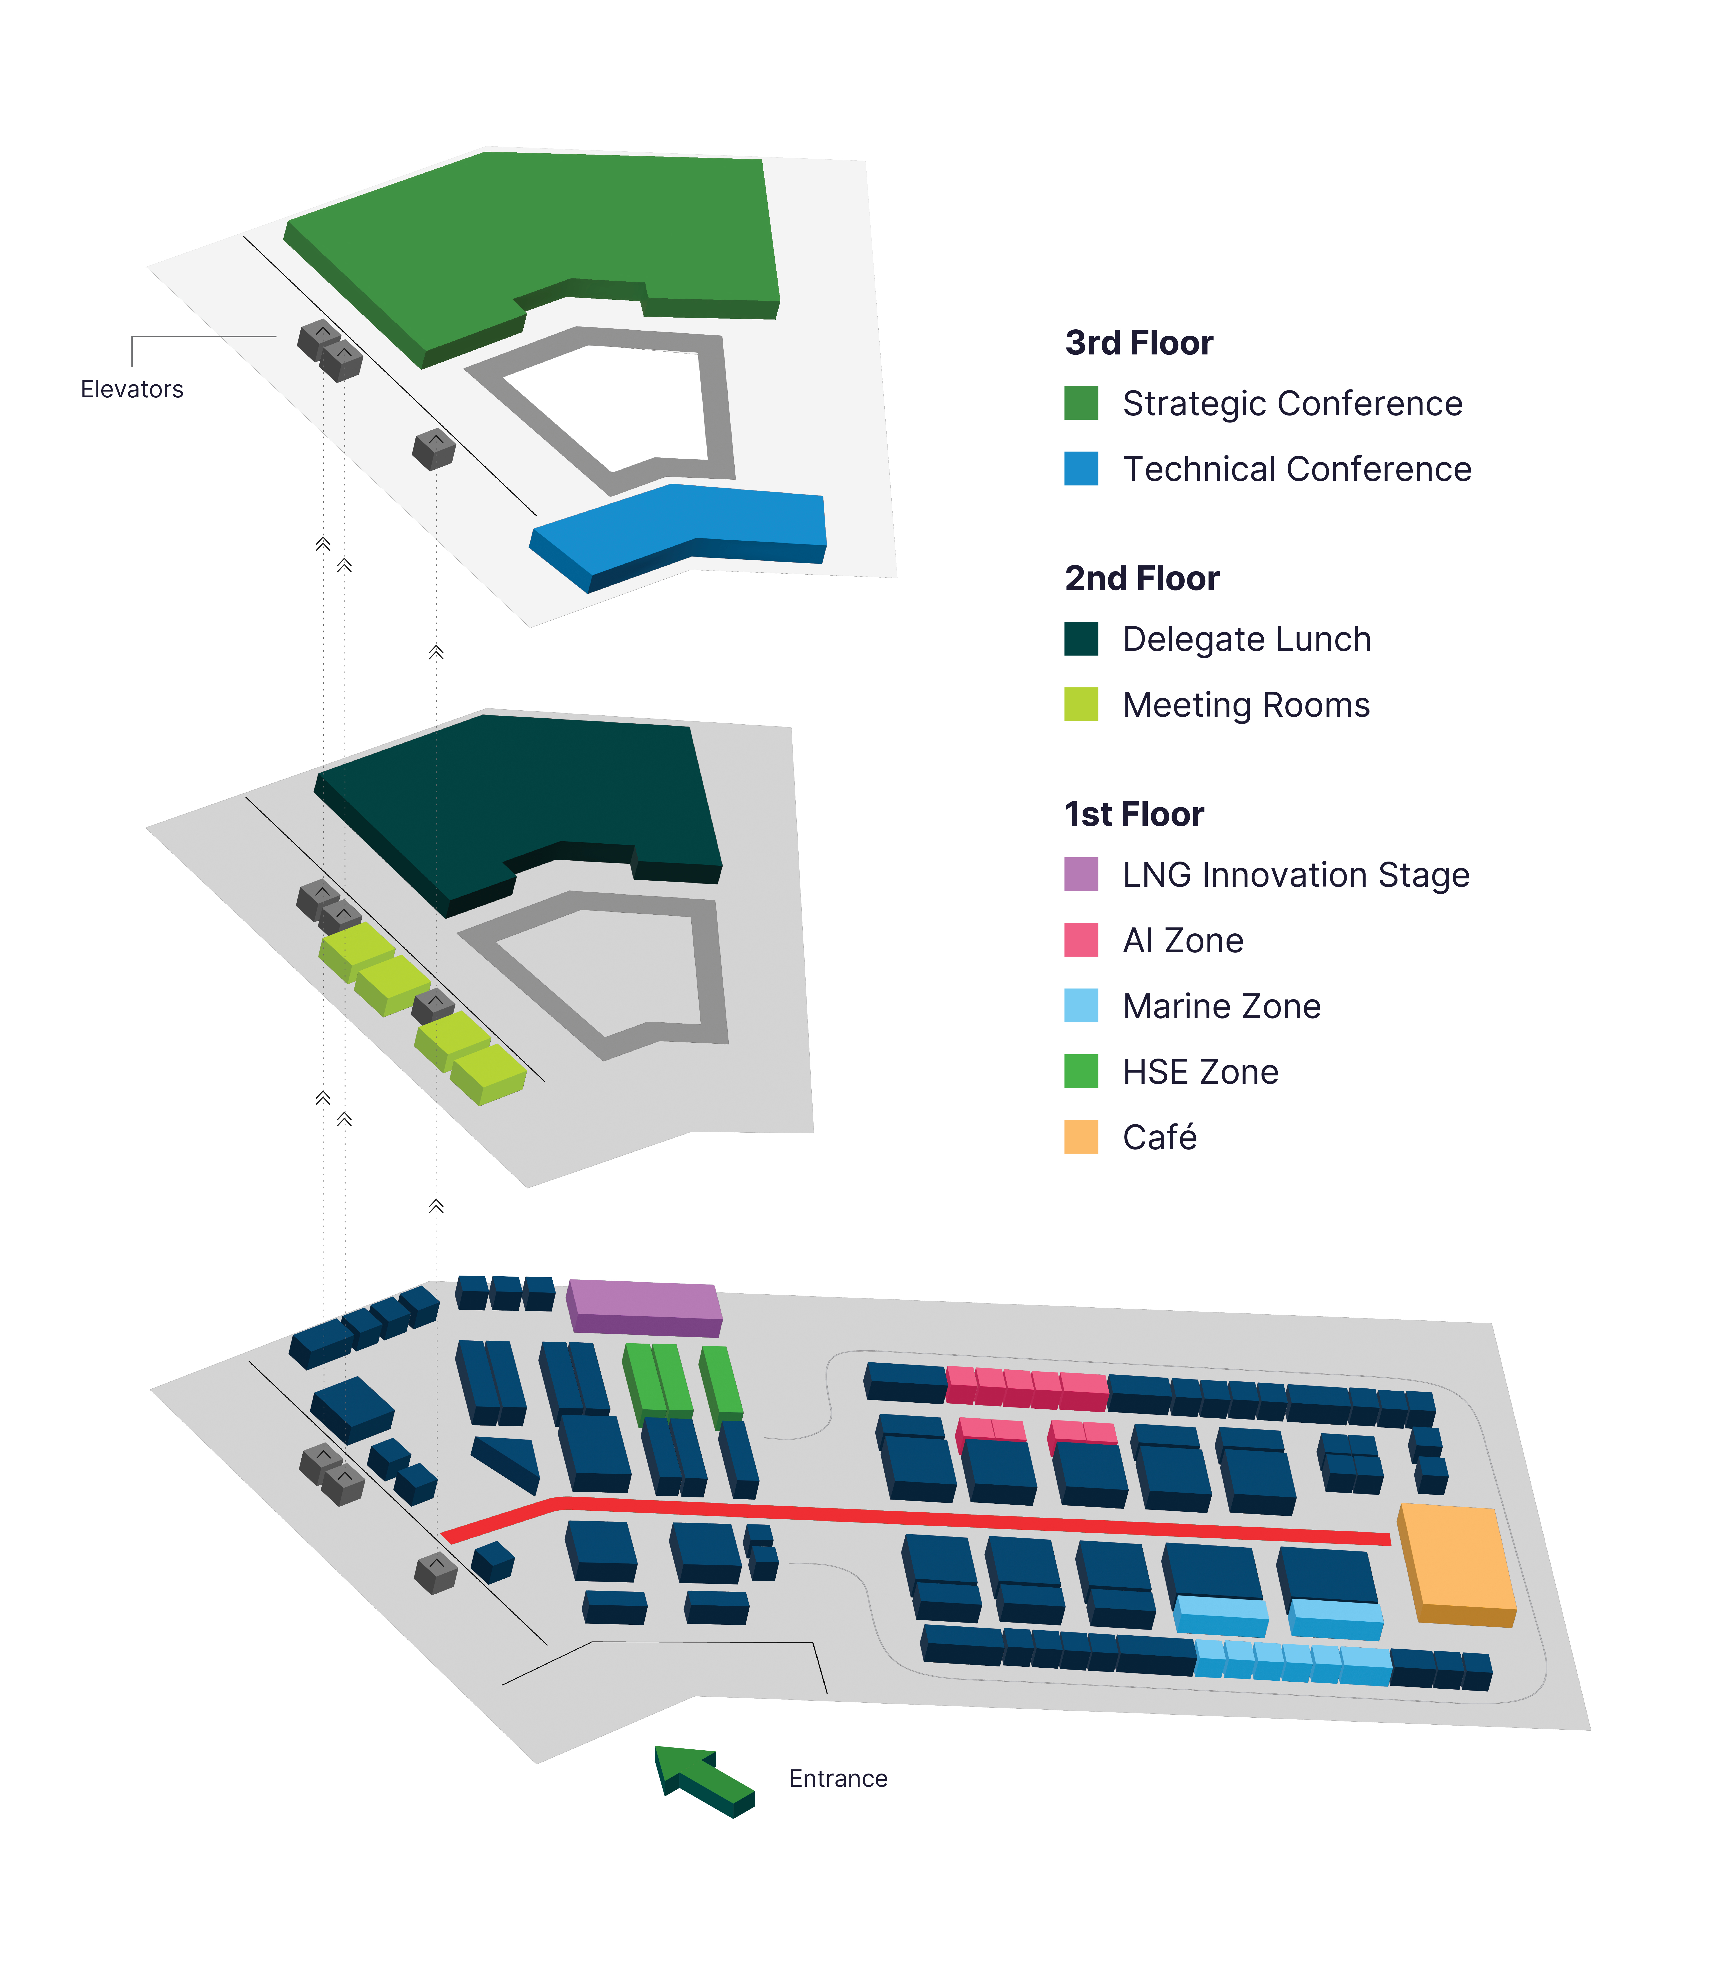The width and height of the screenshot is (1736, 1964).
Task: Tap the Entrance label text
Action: (x=838, y=1779)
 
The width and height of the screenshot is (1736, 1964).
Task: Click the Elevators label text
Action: (x=132, y=389)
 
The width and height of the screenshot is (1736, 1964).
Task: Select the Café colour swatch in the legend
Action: (x=1081, y=1137)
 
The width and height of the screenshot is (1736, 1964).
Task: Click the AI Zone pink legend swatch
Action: (x=1081, y=940)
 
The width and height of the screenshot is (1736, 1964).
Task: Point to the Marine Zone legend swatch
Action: (x=1081, y=1005)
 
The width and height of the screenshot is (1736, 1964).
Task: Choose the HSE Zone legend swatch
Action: (x=1081, y=1071)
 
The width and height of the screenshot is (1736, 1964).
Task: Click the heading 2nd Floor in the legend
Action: (x=1141, y=578)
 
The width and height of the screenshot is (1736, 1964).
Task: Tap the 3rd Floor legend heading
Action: (x=1139, y=343)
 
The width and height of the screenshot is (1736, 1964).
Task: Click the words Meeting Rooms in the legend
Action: (x=1246, y=705)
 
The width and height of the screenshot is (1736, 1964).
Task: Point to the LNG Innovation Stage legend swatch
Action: (x=1081, y=874)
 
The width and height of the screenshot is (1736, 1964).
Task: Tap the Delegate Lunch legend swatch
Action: (x=1081, y=639)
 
